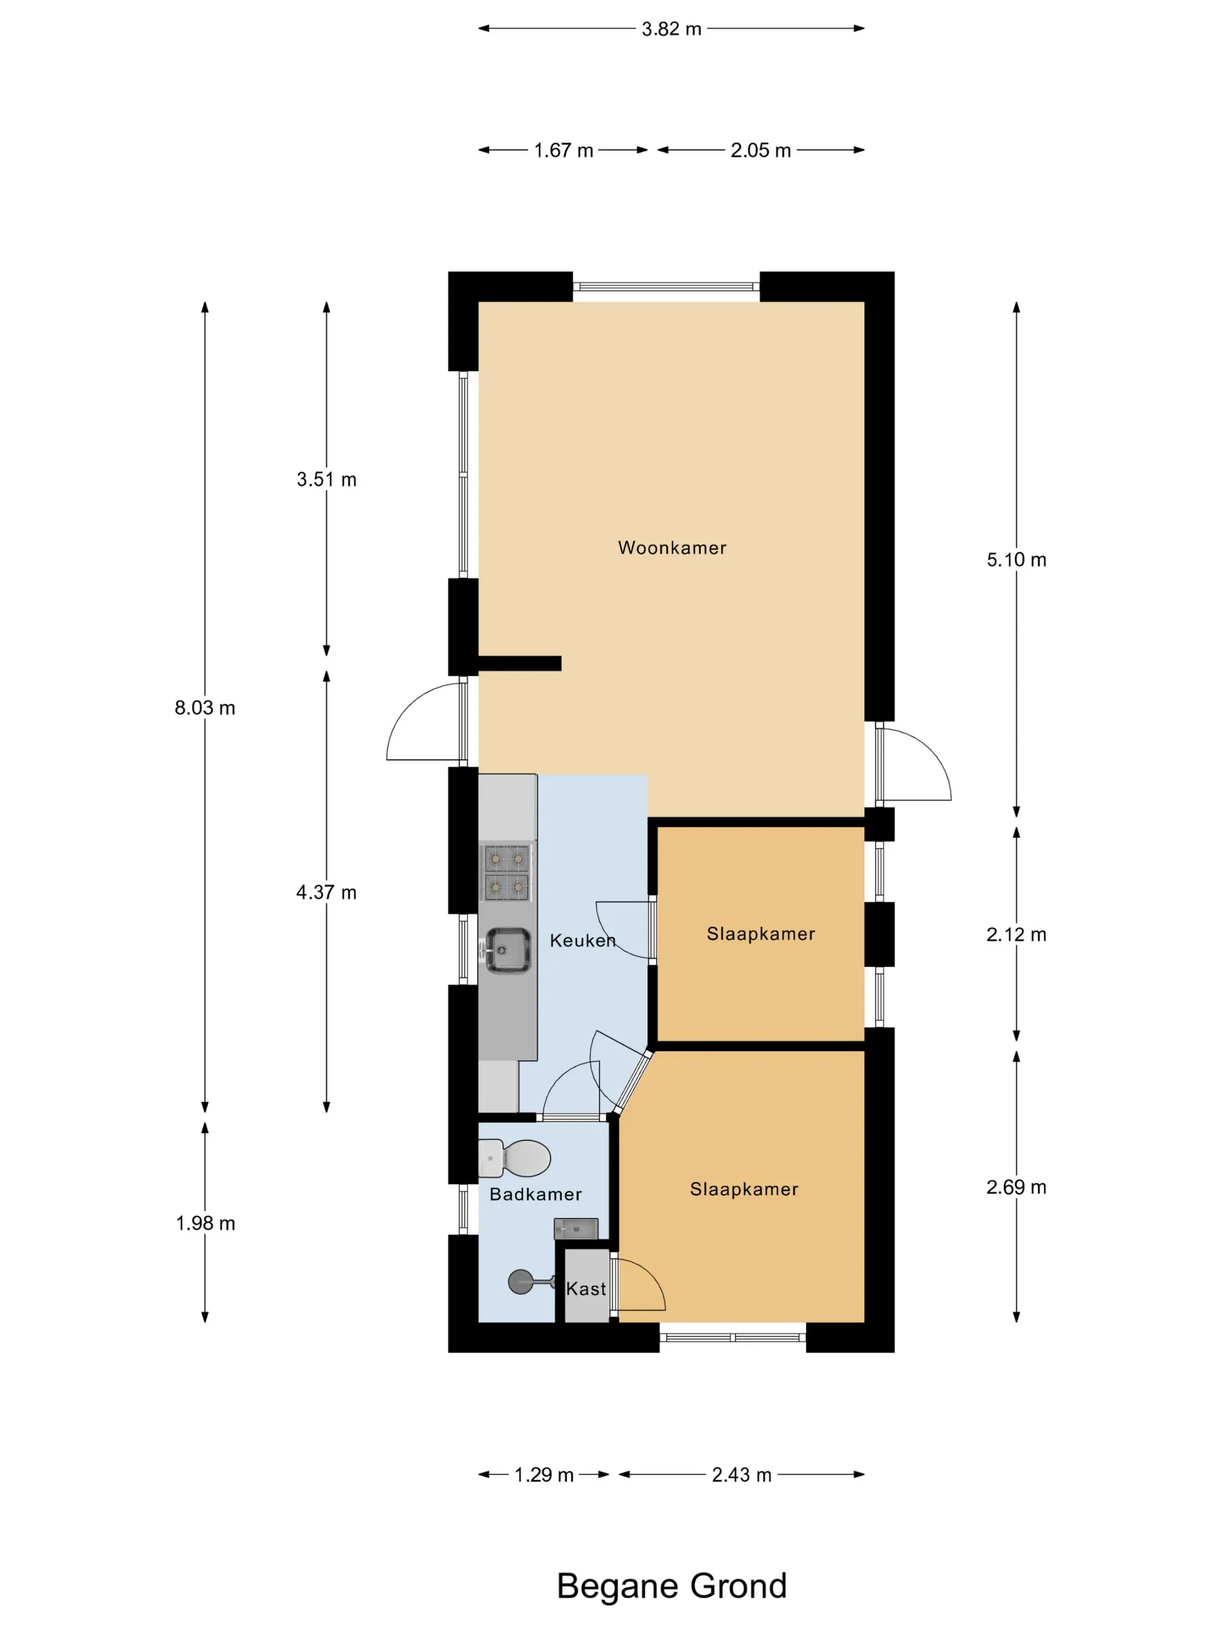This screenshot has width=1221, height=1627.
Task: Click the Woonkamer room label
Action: [x=672, y=548]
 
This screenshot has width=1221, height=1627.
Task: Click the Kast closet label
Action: [x=586, y=1289]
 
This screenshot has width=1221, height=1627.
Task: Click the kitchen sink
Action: [x=506, y=950]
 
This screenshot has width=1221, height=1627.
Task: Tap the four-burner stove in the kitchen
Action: [x=506, y=872]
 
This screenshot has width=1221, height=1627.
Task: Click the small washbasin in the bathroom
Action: [x=576, y=1228]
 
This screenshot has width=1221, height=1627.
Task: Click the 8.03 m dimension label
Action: [x=205, y=708]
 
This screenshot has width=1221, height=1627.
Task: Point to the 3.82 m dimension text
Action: [x=671, y=28]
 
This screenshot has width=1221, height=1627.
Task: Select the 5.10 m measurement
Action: [x=1016, y=560]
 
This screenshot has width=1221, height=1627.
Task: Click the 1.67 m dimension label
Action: [x=563, y=150]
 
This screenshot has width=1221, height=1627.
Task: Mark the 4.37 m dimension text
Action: [x=326, y=892]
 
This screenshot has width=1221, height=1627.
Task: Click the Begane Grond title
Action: [x=671, y=1586]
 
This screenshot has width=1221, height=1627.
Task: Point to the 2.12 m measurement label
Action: [x=1016, y=934]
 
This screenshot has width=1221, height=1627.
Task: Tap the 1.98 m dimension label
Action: [x=205, y=1223]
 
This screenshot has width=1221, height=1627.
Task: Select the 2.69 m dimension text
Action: [x=1016, y=1187]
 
